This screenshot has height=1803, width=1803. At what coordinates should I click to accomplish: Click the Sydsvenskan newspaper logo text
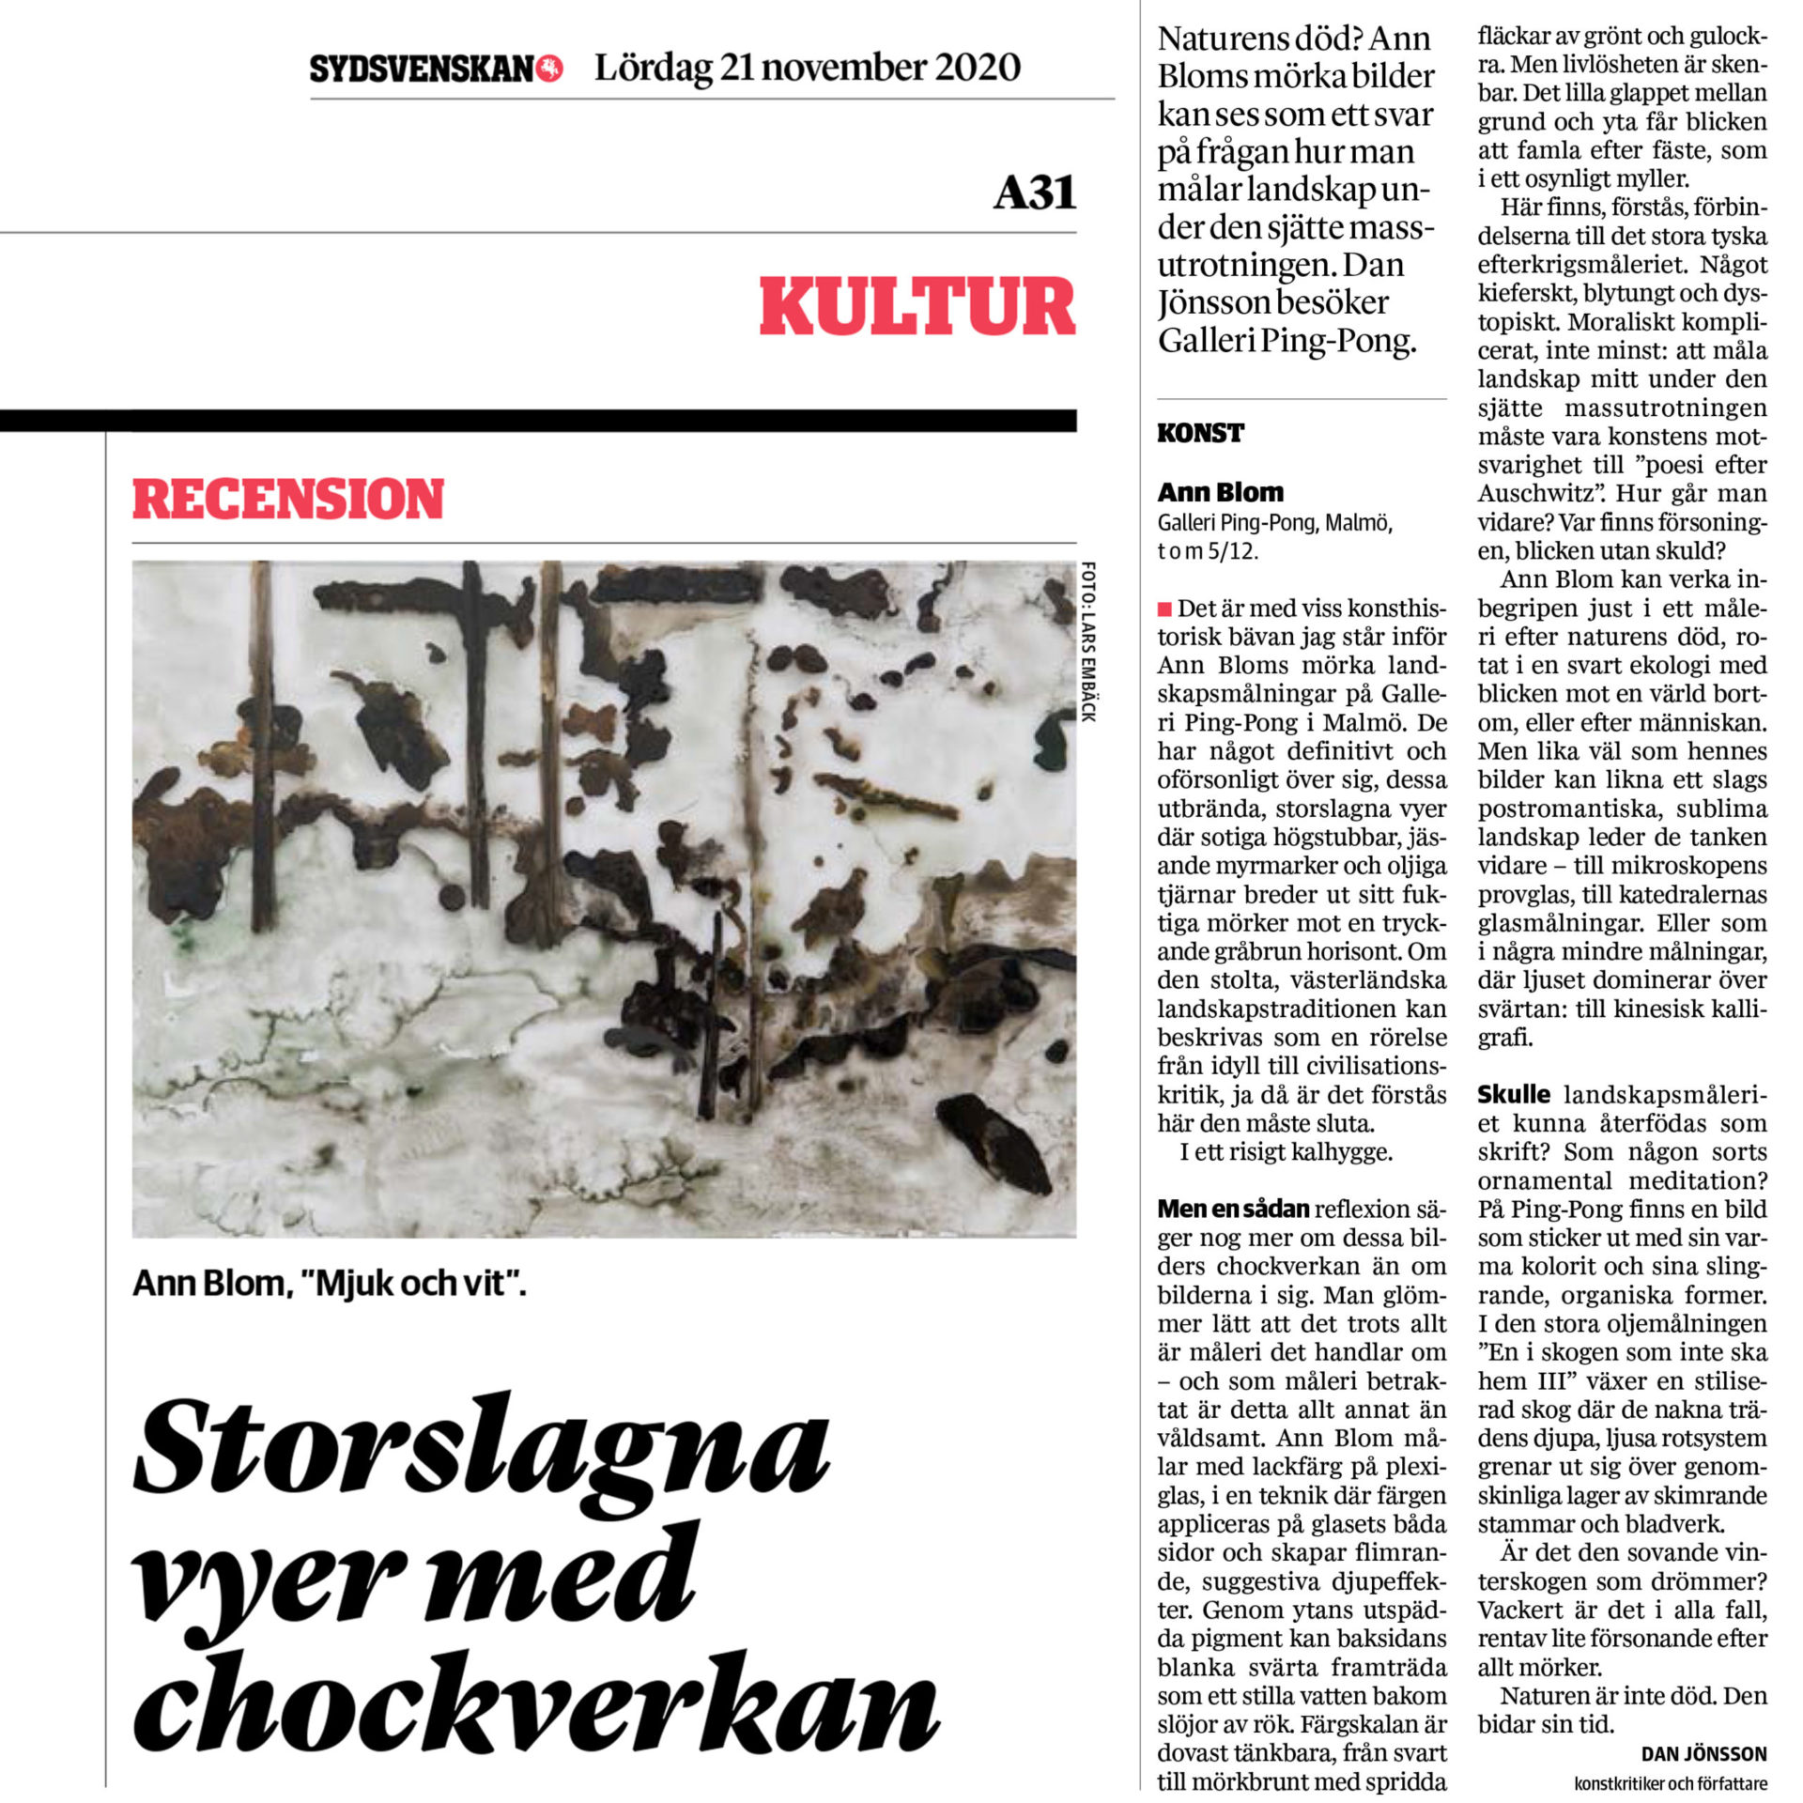pos(422,69)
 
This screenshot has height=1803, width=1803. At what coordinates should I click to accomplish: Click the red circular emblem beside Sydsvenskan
pos(549,69)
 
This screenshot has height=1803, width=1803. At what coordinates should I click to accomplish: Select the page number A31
pos(1034,193)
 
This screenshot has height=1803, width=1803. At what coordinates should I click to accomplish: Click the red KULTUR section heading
pos(917,307)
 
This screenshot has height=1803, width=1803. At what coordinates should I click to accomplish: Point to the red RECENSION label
pos(287,499)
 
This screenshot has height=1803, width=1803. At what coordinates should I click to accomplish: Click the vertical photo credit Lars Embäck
pos(1087,641)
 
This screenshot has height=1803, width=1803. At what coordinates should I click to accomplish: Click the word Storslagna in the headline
pos(482,1447)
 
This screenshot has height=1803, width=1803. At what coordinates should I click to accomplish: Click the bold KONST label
pos(1200,434)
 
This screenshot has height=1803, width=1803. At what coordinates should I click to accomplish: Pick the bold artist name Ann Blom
pos(1220,493)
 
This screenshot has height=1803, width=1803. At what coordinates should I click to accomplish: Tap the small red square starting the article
pos(1164,609)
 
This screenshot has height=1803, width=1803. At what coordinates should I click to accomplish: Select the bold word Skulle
pos(1514,1095)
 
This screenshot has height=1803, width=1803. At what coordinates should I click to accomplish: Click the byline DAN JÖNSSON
pos(1703,1754)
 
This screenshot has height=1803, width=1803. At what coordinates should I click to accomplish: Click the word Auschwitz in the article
pos(1535,494)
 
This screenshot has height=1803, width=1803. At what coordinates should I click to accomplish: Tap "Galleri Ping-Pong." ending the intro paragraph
pos(1287,340)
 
